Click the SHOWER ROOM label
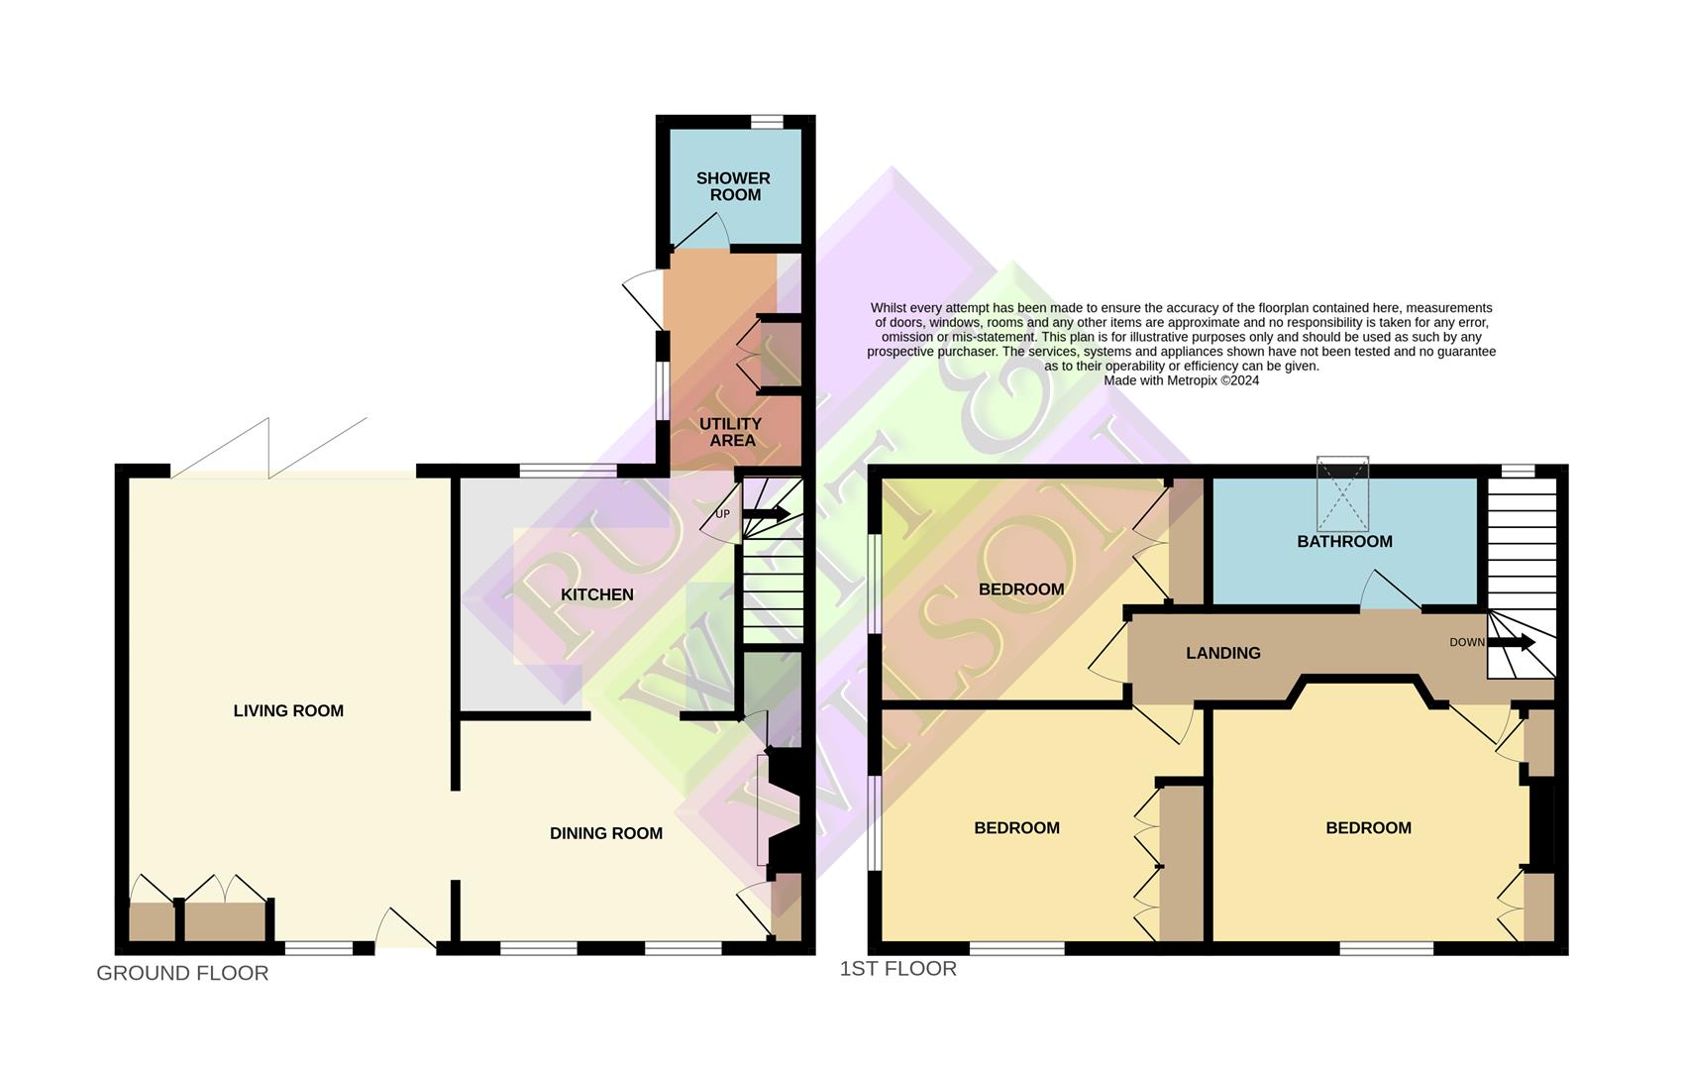[733, 186]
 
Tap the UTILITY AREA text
[731, 432]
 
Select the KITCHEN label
[597, 594]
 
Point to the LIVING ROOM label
[288, 710]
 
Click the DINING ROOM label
[606, 833]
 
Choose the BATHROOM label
[1345, 541]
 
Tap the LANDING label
[1223, 653]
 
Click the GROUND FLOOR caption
[182, 973]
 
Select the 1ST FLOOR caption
[897, 969]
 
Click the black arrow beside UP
[767, 514]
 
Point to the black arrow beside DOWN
[1512, 642]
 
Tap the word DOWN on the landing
[1467, 642]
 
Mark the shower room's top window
[767, 122]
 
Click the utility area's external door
[643, 300]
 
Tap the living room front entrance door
[406, 928]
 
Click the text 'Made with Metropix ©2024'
[1181, 381]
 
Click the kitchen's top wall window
[569, 472]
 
